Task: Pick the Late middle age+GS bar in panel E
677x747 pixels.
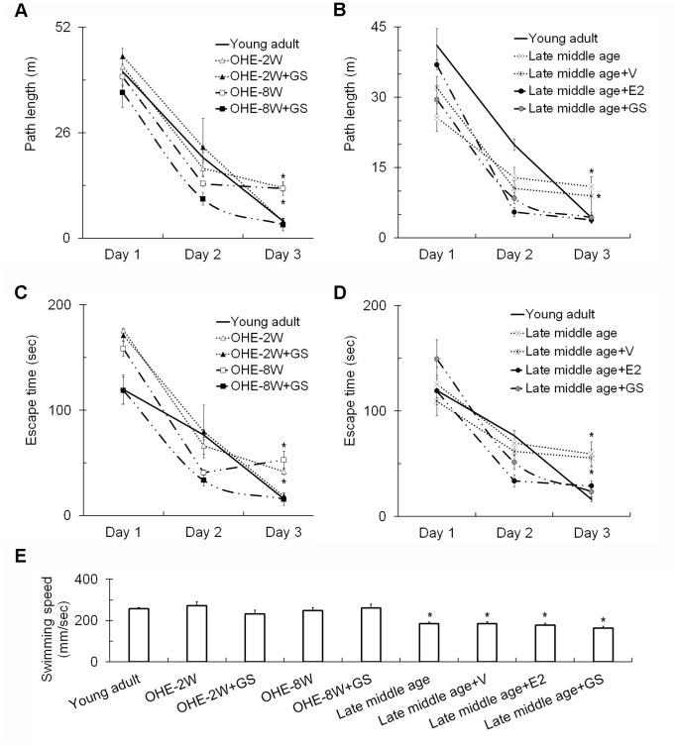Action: coord(602,644)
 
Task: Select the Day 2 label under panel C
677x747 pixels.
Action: coord(202,532)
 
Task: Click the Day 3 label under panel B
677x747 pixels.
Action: coord(592,255)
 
